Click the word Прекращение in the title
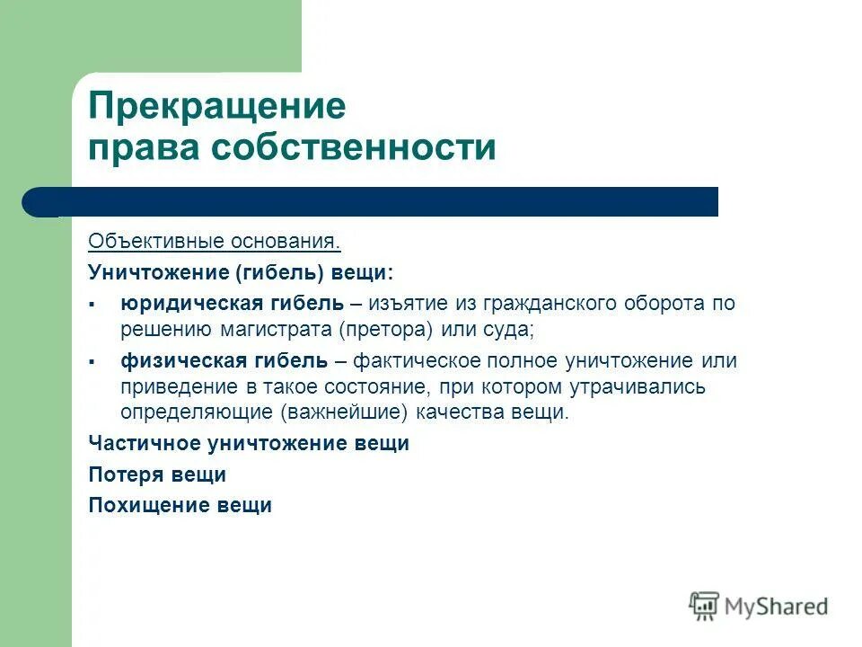[x=216, y=107]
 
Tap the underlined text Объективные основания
[x=215, y=243]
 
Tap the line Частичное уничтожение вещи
[x=249, y=444]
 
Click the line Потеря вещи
[x=157, y=474]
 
